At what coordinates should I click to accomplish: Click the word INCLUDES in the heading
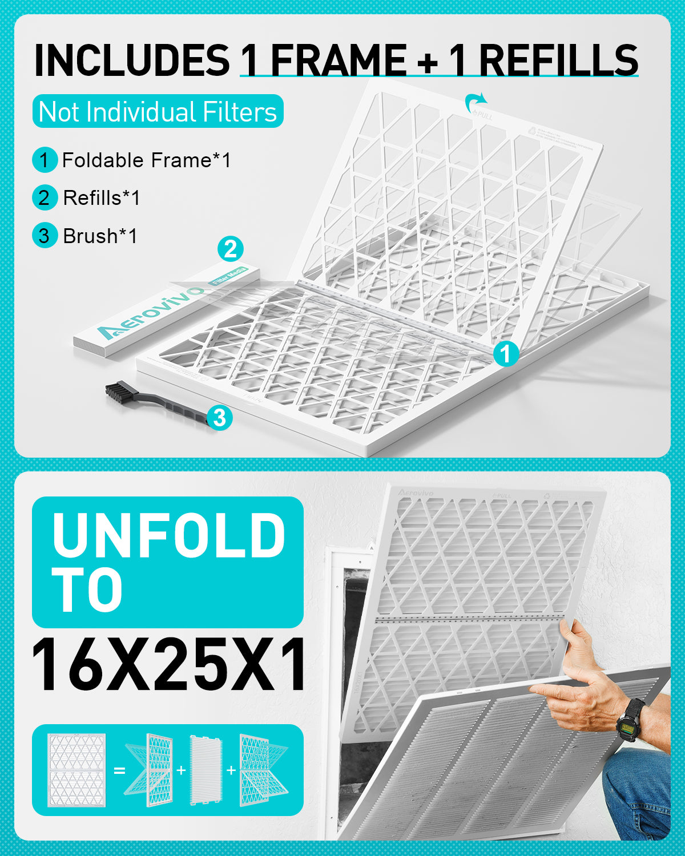(132, 60)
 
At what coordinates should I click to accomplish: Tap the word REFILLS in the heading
(558, 60)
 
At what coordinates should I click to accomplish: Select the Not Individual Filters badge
(158, 112)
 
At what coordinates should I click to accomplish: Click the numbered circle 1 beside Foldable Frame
(45, 160)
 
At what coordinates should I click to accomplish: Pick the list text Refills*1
(101, 198)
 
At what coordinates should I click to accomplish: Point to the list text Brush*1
(100, 236)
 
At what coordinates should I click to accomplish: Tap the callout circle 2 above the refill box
(231, 249)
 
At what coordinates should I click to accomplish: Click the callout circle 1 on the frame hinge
(505, 354)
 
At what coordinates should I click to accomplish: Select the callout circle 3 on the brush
(220, 418)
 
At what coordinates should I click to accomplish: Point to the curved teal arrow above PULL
(475, 103)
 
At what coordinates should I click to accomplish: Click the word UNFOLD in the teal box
(168, 535)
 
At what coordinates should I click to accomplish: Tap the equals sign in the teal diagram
(119, 770)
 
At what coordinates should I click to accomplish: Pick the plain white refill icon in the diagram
(205, 769)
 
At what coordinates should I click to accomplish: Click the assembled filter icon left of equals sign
(77, 769)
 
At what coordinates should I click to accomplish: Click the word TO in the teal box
(87, 590)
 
